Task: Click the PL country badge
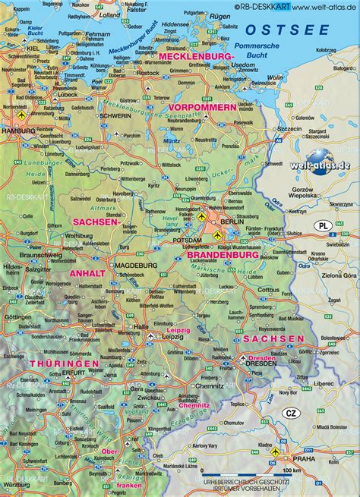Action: (x=323, y=227)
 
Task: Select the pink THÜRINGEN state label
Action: (x=65, y=365)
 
